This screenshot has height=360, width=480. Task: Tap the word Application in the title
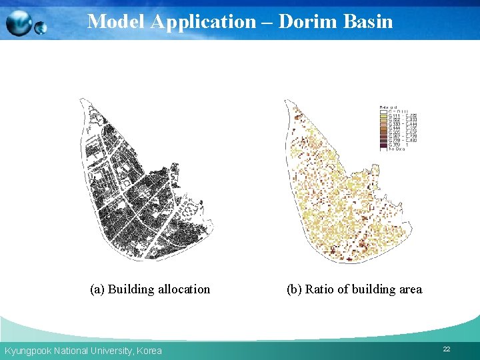[203, 21]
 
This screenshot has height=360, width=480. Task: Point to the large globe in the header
[18, 24]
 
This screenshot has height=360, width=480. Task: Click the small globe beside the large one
[41, 27]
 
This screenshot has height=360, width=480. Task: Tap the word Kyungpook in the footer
[28, 351]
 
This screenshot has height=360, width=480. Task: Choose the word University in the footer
[109, 351]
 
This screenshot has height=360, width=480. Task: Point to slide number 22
[447, 349]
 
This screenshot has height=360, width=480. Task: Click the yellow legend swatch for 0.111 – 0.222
[383, 116]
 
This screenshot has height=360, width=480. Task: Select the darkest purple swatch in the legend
[383, 144]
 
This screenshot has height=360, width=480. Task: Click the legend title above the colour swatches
[389, 106]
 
